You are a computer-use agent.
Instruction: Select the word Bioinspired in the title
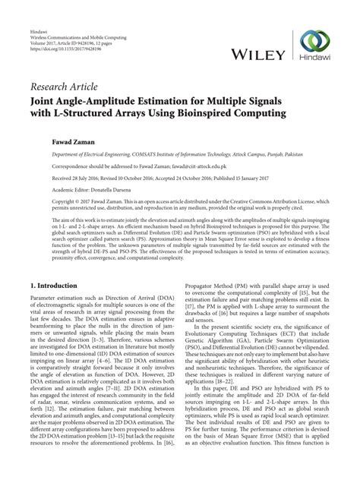(205, 114)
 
